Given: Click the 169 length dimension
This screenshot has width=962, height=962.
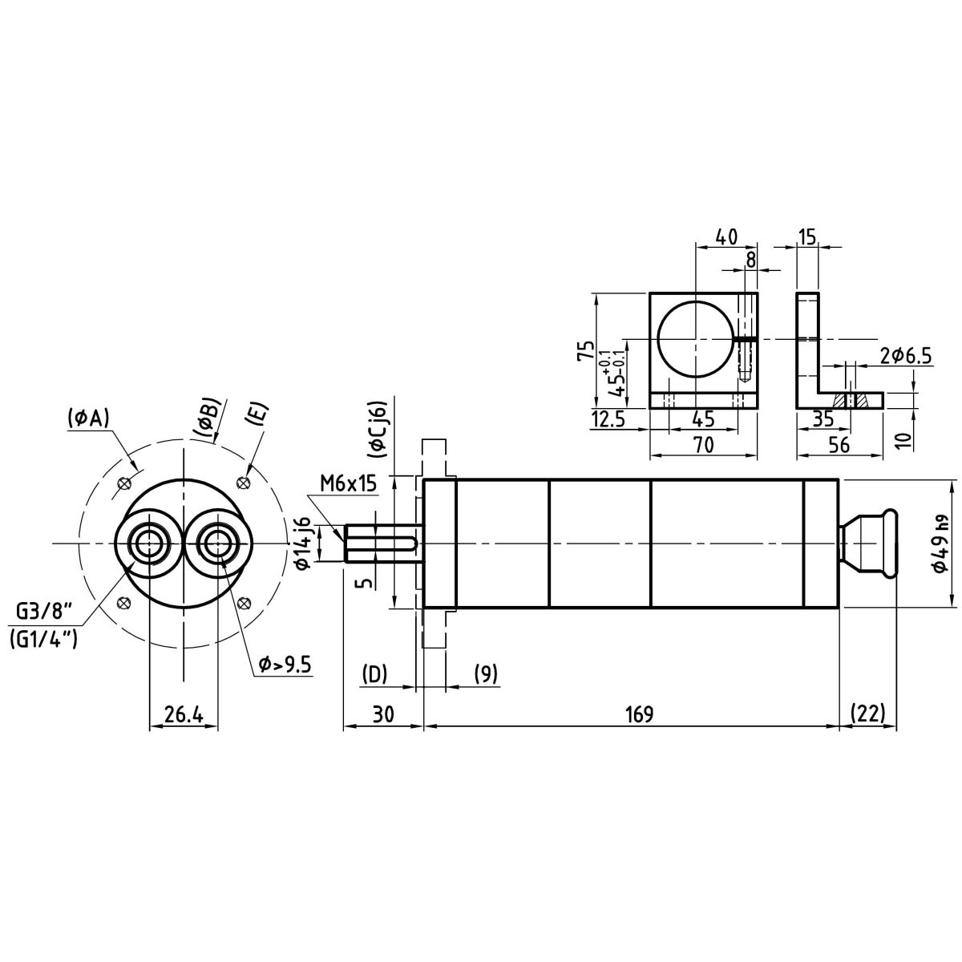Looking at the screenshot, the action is point(640,714).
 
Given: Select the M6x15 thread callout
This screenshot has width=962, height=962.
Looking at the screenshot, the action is point(348,483).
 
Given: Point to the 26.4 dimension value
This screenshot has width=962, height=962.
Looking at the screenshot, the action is point(184,715).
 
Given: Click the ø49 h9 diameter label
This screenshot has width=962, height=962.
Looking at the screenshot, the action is point(940,544).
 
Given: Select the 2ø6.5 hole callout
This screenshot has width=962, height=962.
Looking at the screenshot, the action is point(906,357).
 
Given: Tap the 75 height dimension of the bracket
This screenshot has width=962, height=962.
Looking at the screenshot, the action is point(585,350).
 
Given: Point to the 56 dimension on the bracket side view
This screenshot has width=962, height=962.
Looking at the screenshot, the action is point(839,444).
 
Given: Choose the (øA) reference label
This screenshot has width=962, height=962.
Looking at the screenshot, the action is point(87,418).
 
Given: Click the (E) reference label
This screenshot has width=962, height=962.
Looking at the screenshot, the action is point(255,414).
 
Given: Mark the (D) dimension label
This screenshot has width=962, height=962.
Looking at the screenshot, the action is point(374,673).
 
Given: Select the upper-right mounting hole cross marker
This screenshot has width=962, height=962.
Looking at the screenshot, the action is point(243,483).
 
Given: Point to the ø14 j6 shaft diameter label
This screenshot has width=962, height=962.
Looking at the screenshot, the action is point(303,543).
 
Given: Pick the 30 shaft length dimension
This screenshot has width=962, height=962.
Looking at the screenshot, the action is point(383,714).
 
